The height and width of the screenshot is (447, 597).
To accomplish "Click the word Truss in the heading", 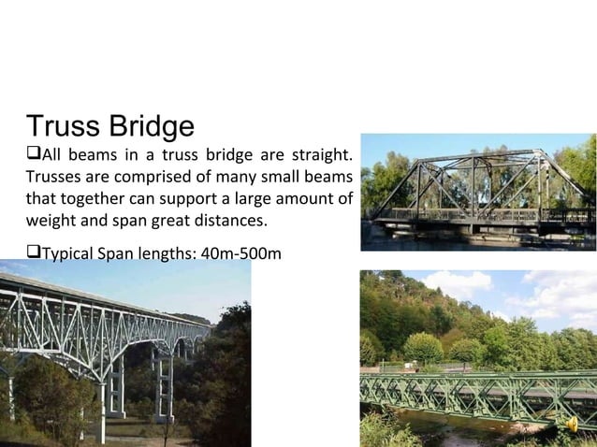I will [64, 126].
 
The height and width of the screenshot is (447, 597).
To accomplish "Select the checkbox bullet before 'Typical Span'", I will [33, 253].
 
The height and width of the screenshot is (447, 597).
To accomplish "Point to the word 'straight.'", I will [324, 154].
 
